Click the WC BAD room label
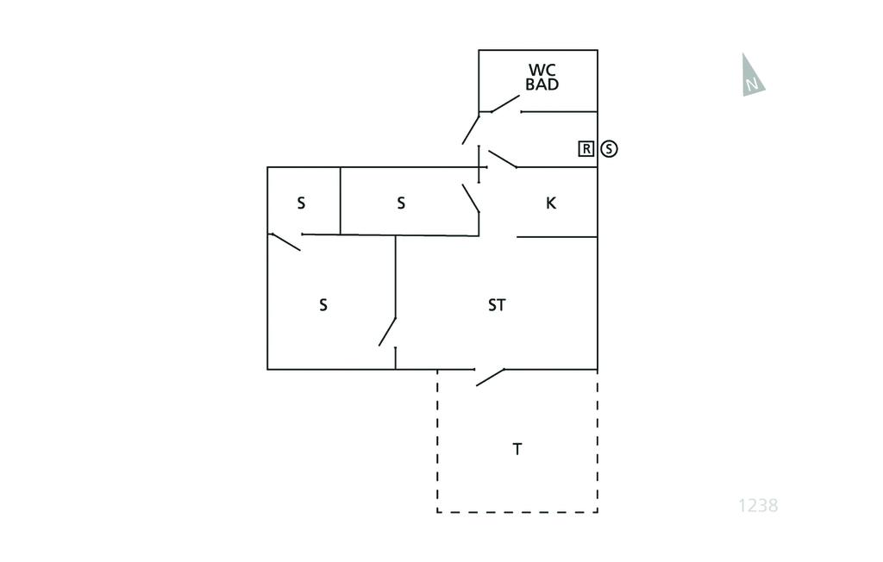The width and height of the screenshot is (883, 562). [x=542, y=77]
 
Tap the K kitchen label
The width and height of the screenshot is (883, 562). [x=551, y=203]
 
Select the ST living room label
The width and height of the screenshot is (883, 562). [x=497, y=305]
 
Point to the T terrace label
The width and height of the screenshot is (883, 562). [x=517, y=449]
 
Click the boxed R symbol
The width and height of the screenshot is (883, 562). [x=586, y=149]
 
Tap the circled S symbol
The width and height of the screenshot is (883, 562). [x=610, y=149]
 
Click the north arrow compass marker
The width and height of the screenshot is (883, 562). [x=752, y=75]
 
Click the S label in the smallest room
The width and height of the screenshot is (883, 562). [x=301, y=203]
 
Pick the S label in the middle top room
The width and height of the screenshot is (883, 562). [x=401, y=203]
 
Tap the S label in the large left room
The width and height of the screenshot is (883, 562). [x=323, y=305]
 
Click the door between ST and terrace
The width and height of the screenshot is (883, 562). [x=490, y=377]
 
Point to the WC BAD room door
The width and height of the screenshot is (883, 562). [x=504, y=103]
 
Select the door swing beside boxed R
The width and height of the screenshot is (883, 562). [x=502, y=159]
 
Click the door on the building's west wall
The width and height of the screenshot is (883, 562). [x=285, y=241]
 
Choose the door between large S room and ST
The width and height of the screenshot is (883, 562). [x=387, y=332]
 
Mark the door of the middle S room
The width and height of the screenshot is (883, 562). [x=471, y=198]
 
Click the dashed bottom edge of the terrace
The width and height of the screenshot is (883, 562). [x=517, y=512]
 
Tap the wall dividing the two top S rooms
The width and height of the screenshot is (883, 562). [x=341, y=201]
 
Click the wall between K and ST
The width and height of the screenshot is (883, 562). [x=557, y=237]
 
